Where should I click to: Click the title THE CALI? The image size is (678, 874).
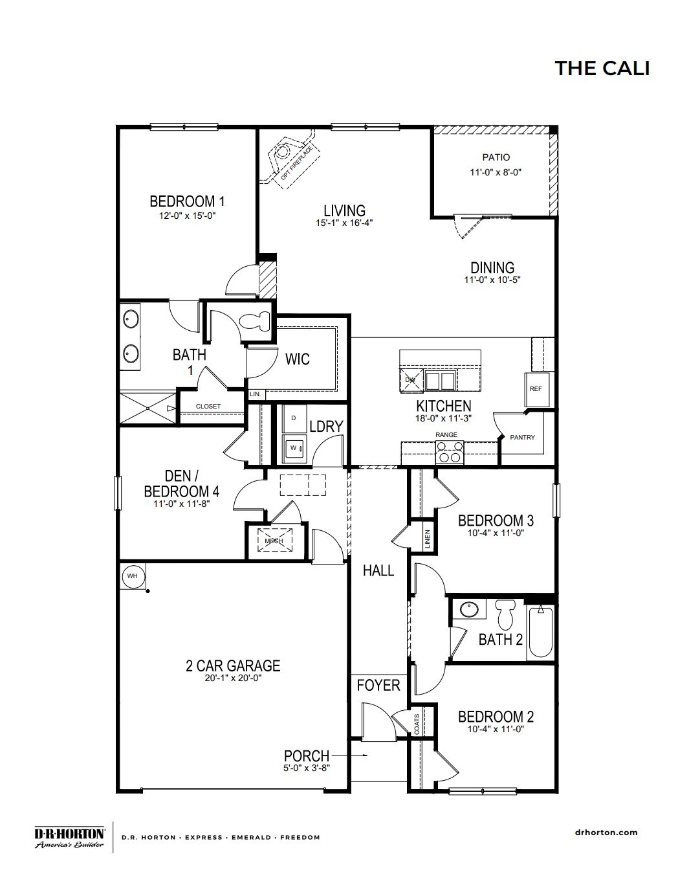[602, 68]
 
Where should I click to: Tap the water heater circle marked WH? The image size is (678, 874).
[132, 576]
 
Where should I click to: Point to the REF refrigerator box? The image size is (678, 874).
[536, 389]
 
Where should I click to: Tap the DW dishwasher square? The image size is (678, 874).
[410, 380]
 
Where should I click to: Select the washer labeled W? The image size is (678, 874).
[294, 447]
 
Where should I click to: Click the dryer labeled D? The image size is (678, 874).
[294, 418]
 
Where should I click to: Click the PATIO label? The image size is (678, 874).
[496, 157]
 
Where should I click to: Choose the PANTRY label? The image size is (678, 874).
[523, 438]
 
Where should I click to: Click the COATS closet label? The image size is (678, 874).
[417, 722]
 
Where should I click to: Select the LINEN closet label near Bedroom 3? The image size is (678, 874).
[428, 539]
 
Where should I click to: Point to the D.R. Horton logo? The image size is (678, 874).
[69, 836]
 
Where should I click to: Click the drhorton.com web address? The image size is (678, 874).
[606, 833]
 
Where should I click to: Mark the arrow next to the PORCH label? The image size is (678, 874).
[353, 756]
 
